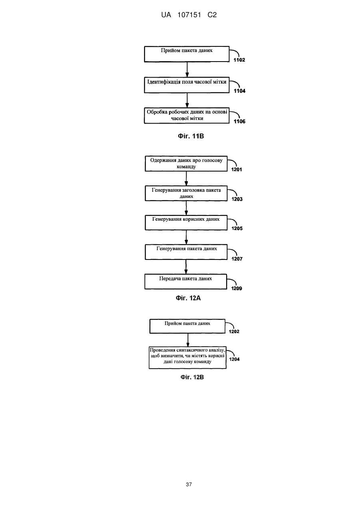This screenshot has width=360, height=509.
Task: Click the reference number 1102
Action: pyautogui.click(x=239, y=60)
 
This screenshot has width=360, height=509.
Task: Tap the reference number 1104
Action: pyautogui.click(x=240, y=91)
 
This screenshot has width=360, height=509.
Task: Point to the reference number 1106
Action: pyautogui.click(x=240, y=121)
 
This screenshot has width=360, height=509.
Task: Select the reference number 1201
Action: pyautogui.click(x=237, y=170)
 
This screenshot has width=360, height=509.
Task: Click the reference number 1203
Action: pyautogui.click(x=237, y=199)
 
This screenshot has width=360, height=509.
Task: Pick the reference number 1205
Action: pyautogui.click(x=237, y=228)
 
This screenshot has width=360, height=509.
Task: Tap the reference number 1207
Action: pyautogui.click(x=237, y=259)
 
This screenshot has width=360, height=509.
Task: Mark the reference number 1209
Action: pyautogui.click(x=237, y=288)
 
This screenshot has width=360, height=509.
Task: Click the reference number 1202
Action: pyautogui.click(x=234, y=331)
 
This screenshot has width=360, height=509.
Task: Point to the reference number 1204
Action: pyautogui.click(x=235, y=359)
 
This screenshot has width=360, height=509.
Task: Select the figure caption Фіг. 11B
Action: pyautogui.click(x=191, y=136)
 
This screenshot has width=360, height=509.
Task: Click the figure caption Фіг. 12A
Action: pyautogui.click(x=188, y=298)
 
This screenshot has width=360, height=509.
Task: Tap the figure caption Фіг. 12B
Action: pyautogui.click(x=192, y=377)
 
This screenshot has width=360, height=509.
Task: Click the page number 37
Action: pyautogui.click(x=189, y=485)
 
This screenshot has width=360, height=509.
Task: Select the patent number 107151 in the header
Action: pyautogui.click(x=189, y=15)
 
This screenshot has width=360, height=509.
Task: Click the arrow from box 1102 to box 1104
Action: pyautogui.click(x=187, y=70)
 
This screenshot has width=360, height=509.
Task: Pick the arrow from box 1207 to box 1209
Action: pyautogui.click(x=186, y=267)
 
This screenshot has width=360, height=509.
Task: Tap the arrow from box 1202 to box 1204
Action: pyautogui.click(x=188, y=340)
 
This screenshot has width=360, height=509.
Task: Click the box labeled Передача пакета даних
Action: pyautogui.click(x=186, y=281)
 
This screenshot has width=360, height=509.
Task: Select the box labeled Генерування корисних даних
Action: pyautogui.click(x=186, y=223)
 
